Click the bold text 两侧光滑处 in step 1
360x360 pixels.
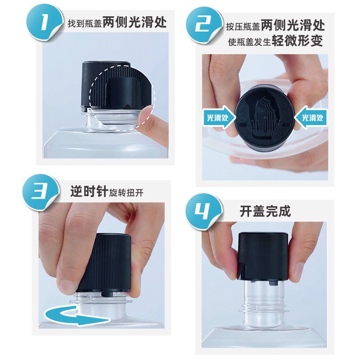click(x=135, y=23)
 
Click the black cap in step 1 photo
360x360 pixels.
click(x=108, y=85)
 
